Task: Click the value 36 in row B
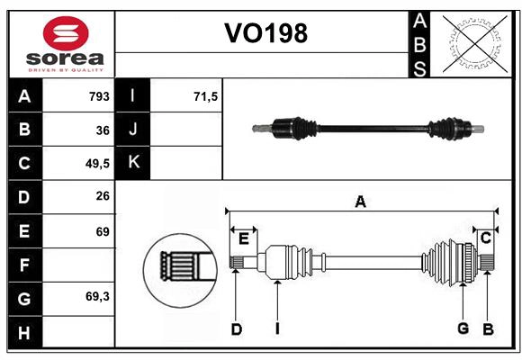pyautogui.click(x=103, y=130)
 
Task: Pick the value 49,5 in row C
pyautogui.click(x=96, y=164)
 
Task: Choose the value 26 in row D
pyautogui.click(x=103, y=197)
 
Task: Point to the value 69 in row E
pyautogui.click(x=103, y=231)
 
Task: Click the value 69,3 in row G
pyautogui.click(x=97, y=297)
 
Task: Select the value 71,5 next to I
pyautogui.click(x=206, y=96)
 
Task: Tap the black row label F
pyautogui.click(x=24, y=265)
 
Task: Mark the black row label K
pyautogui.click(x=133, y=163)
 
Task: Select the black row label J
pyautogui.click(x=133, y=130)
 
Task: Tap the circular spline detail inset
pyautogui.click(x=177, y=266)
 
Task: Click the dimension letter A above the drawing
pyautogui.click(x=360, y=202)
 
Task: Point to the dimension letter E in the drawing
pyautogui.click(x=243, y=238)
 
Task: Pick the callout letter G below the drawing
pyautogui.click(x=463, y=328)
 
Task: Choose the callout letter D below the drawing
pyautogui.click(x=236, y=329)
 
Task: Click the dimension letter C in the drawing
pyautogui.click(x=485, y=238)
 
